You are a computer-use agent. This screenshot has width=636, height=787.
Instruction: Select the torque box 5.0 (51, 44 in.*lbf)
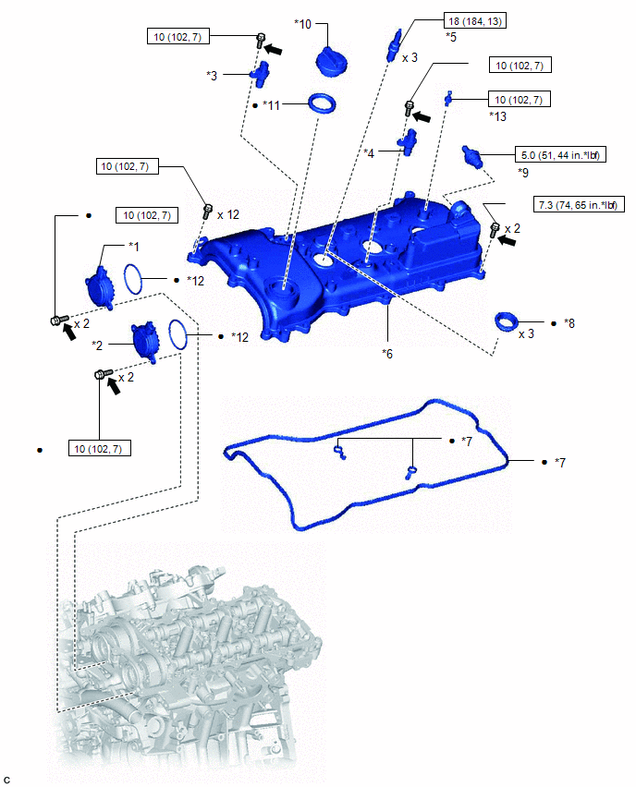558,155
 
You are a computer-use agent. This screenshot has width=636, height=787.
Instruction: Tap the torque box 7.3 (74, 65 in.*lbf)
576,205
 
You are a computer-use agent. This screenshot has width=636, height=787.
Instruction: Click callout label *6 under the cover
387,353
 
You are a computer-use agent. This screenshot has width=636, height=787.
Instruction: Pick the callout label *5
450,36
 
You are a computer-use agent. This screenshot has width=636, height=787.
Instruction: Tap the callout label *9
523,172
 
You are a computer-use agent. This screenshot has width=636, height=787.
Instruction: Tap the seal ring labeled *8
507,323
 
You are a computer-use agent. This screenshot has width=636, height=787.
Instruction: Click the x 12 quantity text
228,214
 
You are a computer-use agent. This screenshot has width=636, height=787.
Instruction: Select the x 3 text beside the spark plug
410,57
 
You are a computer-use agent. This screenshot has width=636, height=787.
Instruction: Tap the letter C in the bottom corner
7,781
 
